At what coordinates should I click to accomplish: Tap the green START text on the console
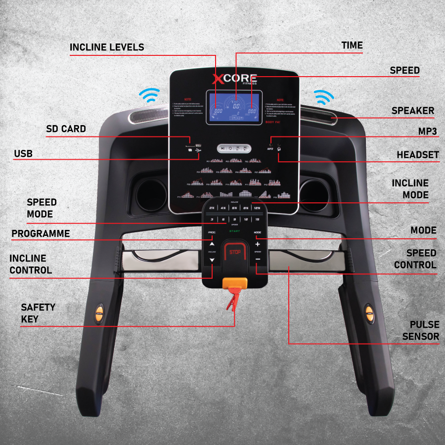point(234,230)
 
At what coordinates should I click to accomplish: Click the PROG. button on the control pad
point(212,232)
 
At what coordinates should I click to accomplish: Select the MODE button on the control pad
point(257,232)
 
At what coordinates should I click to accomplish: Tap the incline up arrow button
point(212,244)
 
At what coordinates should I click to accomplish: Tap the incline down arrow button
point(212,260)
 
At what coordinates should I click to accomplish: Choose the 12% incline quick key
point(257,208)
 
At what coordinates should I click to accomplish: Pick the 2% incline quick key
point(212,208)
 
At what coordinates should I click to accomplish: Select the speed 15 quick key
point(257,220)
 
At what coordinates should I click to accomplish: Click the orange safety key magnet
point(235,283)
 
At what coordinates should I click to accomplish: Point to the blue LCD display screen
point(234,108)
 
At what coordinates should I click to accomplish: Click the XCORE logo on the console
point(234,79)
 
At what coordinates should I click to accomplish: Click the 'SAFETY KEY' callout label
point(38,313)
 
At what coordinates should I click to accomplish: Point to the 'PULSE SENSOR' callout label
point(420,330)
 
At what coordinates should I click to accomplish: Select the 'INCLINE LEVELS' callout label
point(107,47)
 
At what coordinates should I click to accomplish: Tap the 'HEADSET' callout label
point(417,155)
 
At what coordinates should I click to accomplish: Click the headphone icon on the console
point(279,149)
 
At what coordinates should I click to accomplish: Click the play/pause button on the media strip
point(223,148)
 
